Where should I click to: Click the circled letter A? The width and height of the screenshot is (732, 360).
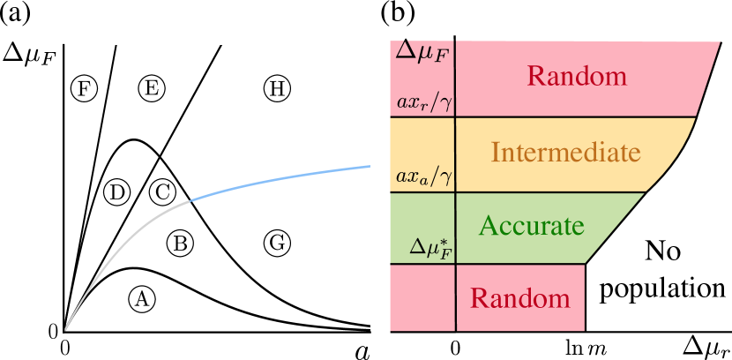[x=141, y=299]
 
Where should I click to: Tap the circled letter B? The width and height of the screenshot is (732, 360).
[x=180, y=243]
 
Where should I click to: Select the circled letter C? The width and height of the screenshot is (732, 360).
[x=162, y=191]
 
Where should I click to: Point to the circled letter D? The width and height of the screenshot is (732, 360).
[x=117, y=191]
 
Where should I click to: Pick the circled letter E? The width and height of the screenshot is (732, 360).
[x=152, y=88]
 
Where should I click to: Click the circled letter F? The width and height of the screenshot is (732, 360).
[x=84, y=88]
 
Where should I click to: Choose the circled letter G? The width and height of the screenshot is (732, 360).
[x=277, y=243]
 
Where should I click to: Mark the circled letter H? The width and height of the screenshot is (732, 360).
[x=277, y=88]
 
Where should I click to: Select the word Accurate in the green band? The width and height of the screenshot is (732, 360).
[x=531, y=226]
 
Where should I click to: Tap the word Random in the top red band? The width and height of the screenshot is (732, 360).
[x=577, y=76]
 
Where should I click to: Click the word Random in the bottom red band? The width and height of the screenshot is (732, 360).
[x=519, y=298]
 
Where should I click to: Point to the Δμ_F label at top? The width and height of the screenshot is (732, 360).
[x=422, y=51]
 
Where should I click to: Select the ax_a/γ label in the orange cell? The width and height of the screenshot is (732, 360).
[x=423, y=177]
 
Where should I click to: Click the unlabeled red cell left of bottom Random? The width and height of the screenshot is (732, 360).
[x=422, y=298]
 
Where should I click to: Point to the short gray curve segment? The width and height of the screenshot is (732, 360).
[x=132, y=231]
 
